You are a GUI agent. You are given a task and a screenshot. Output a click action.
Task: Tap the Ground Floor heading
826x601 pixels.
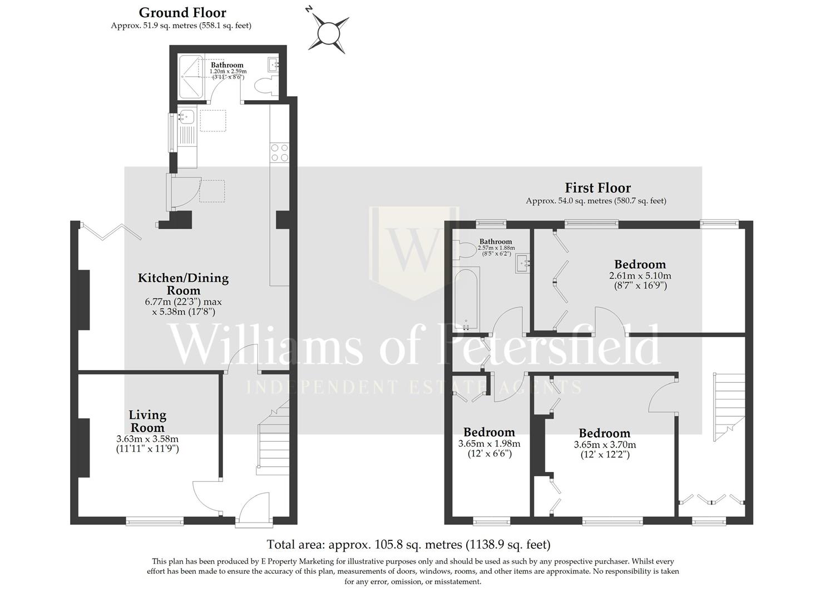(x=182, y=12)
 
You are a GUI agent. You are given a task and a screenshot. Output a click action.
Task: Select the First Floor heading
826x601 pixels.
(x=597, y=188)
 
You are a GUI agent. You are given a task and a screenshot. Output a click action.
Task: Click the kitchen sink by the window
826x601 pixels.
(x=186, y=117)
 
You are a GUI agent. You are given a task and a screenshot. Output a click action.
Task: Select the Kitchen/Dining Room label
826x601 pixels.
(x=183, y=284)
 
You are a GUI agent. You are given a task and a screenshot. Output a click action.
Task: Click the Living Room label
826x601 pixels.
(x=147, y=421)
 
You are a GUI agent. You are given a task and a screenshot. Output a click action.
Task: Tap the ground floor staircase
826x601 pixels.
(x=274, y=440)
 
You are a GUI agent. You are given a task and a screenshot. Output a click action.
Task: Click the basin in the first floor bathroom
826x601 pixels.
(x=523, y=263)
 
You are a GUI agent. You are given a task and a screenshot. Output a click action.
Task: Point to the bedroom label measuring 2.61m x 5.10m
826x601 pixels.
(x=640, y=264)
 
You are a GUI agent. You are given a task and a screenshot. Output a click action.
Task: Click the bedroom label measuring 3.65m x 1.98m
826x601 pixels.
(x=489, y=432)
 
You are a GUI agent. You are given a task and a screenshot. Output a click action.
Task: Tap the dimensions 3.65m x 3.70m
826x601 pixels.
(x=605, y=445)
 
